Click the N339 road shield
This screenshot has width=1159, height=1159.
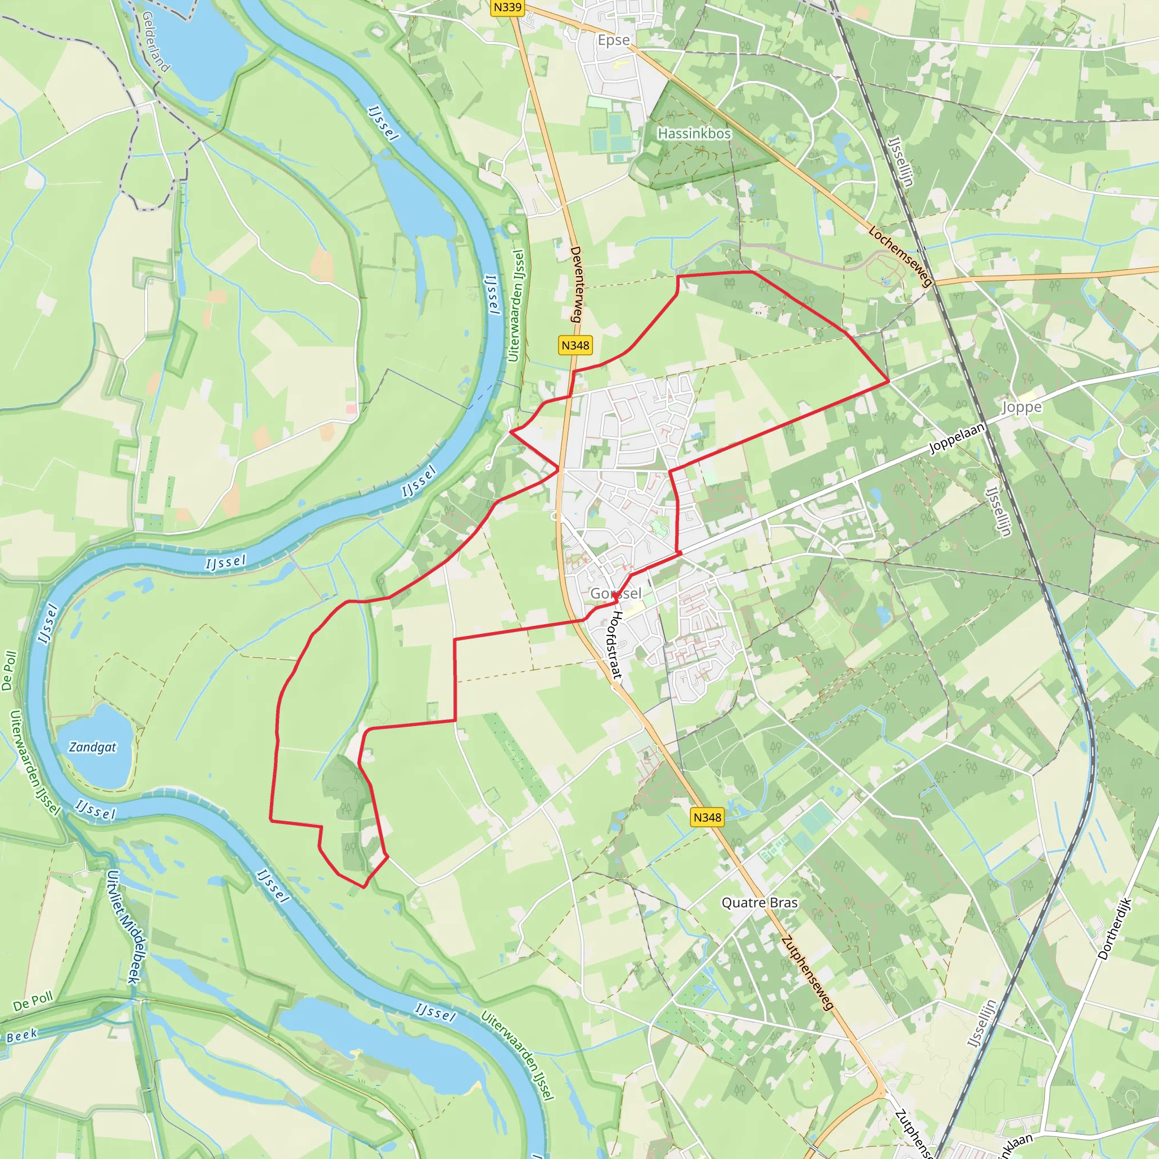click(508, 7)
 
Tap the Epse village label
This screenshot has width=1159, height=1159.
click(613, 40)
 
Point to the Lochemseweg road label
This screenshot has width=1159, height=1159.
click(900, 256)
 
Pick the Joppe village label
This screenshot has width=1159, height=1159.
click(1021, 407)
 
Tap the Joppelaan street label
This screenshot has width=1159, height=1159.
click(957, 438)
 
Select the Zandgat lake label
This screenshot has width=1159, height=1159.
click(92, 747)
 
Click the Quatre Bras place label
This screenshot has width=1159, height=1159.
click(759, 902)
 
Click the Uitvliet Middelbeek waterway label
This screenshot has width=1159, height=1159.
click(123, 927)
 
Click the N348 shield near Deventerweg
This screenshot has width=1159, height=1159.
click(575, 345)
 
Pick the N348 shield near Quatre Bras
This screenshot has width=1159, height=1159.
click(707, 817)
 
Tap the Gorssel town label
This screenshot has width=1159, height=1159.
click(616, 593)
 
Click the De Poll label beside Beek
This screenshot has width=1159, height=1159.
click(33, 1001)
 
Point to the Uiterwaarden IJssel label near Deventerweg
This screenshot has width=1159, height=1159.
click(516, 306)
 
